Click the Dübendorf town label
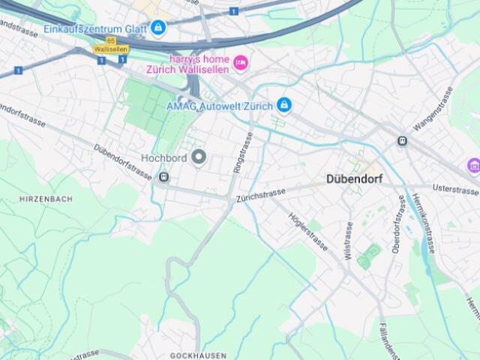pos(355,179)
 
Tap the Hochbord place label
pos(163,157)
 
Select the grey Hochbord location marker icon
pos(199,157)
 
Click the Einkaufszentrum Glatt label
pos(95,28)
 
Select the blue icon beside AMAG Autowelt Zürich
pos(283,105)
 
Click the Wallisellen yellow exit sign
pos(111,49)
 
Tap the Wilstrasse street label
pos(348,240)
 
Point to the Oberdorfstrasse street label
pos(396,226)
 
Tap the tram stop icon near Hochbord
pos(163,177)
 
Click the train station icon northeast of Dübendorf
pos(402,140)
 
